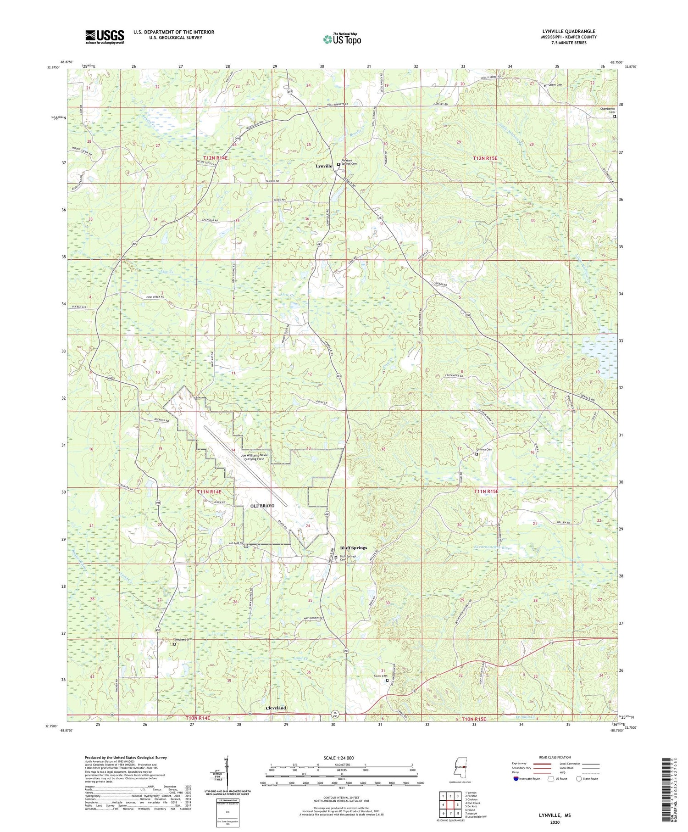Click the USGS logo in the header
(105, 37)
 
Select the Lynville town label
(324, 166)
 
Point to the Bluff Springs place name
(353, 547)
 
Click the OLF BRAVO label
(262, 506)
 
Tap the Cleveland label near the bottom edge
(276, 708)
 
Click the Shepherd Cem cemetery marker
(174, 644)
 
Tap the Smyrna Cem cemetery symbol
(477, 454)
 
